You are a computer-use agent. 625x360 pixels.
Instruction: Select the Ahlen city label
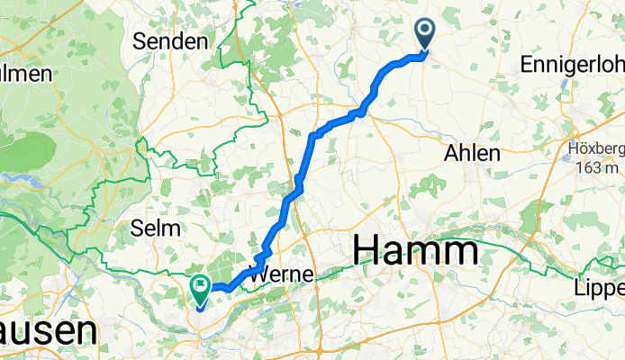pyautogui.click(x=472, y=154)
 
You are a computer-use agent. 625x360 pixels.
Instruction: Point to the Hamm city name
pyautogui.click(x=415, y=249)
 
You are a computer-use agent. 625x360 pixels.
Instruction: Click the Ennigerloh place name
pyautogui.click(x=572, y=66)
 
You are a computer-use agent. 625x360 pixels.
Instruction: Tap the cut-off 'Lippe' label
pyautogui.click(x=600, y=288)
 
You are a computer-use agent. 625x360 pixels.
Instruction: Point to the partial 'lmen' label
pyautogui.click(x=25, y=74)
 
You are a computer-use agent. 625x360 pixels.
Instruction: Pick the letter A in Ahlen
pyautogui.click(x=451, y=154)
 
